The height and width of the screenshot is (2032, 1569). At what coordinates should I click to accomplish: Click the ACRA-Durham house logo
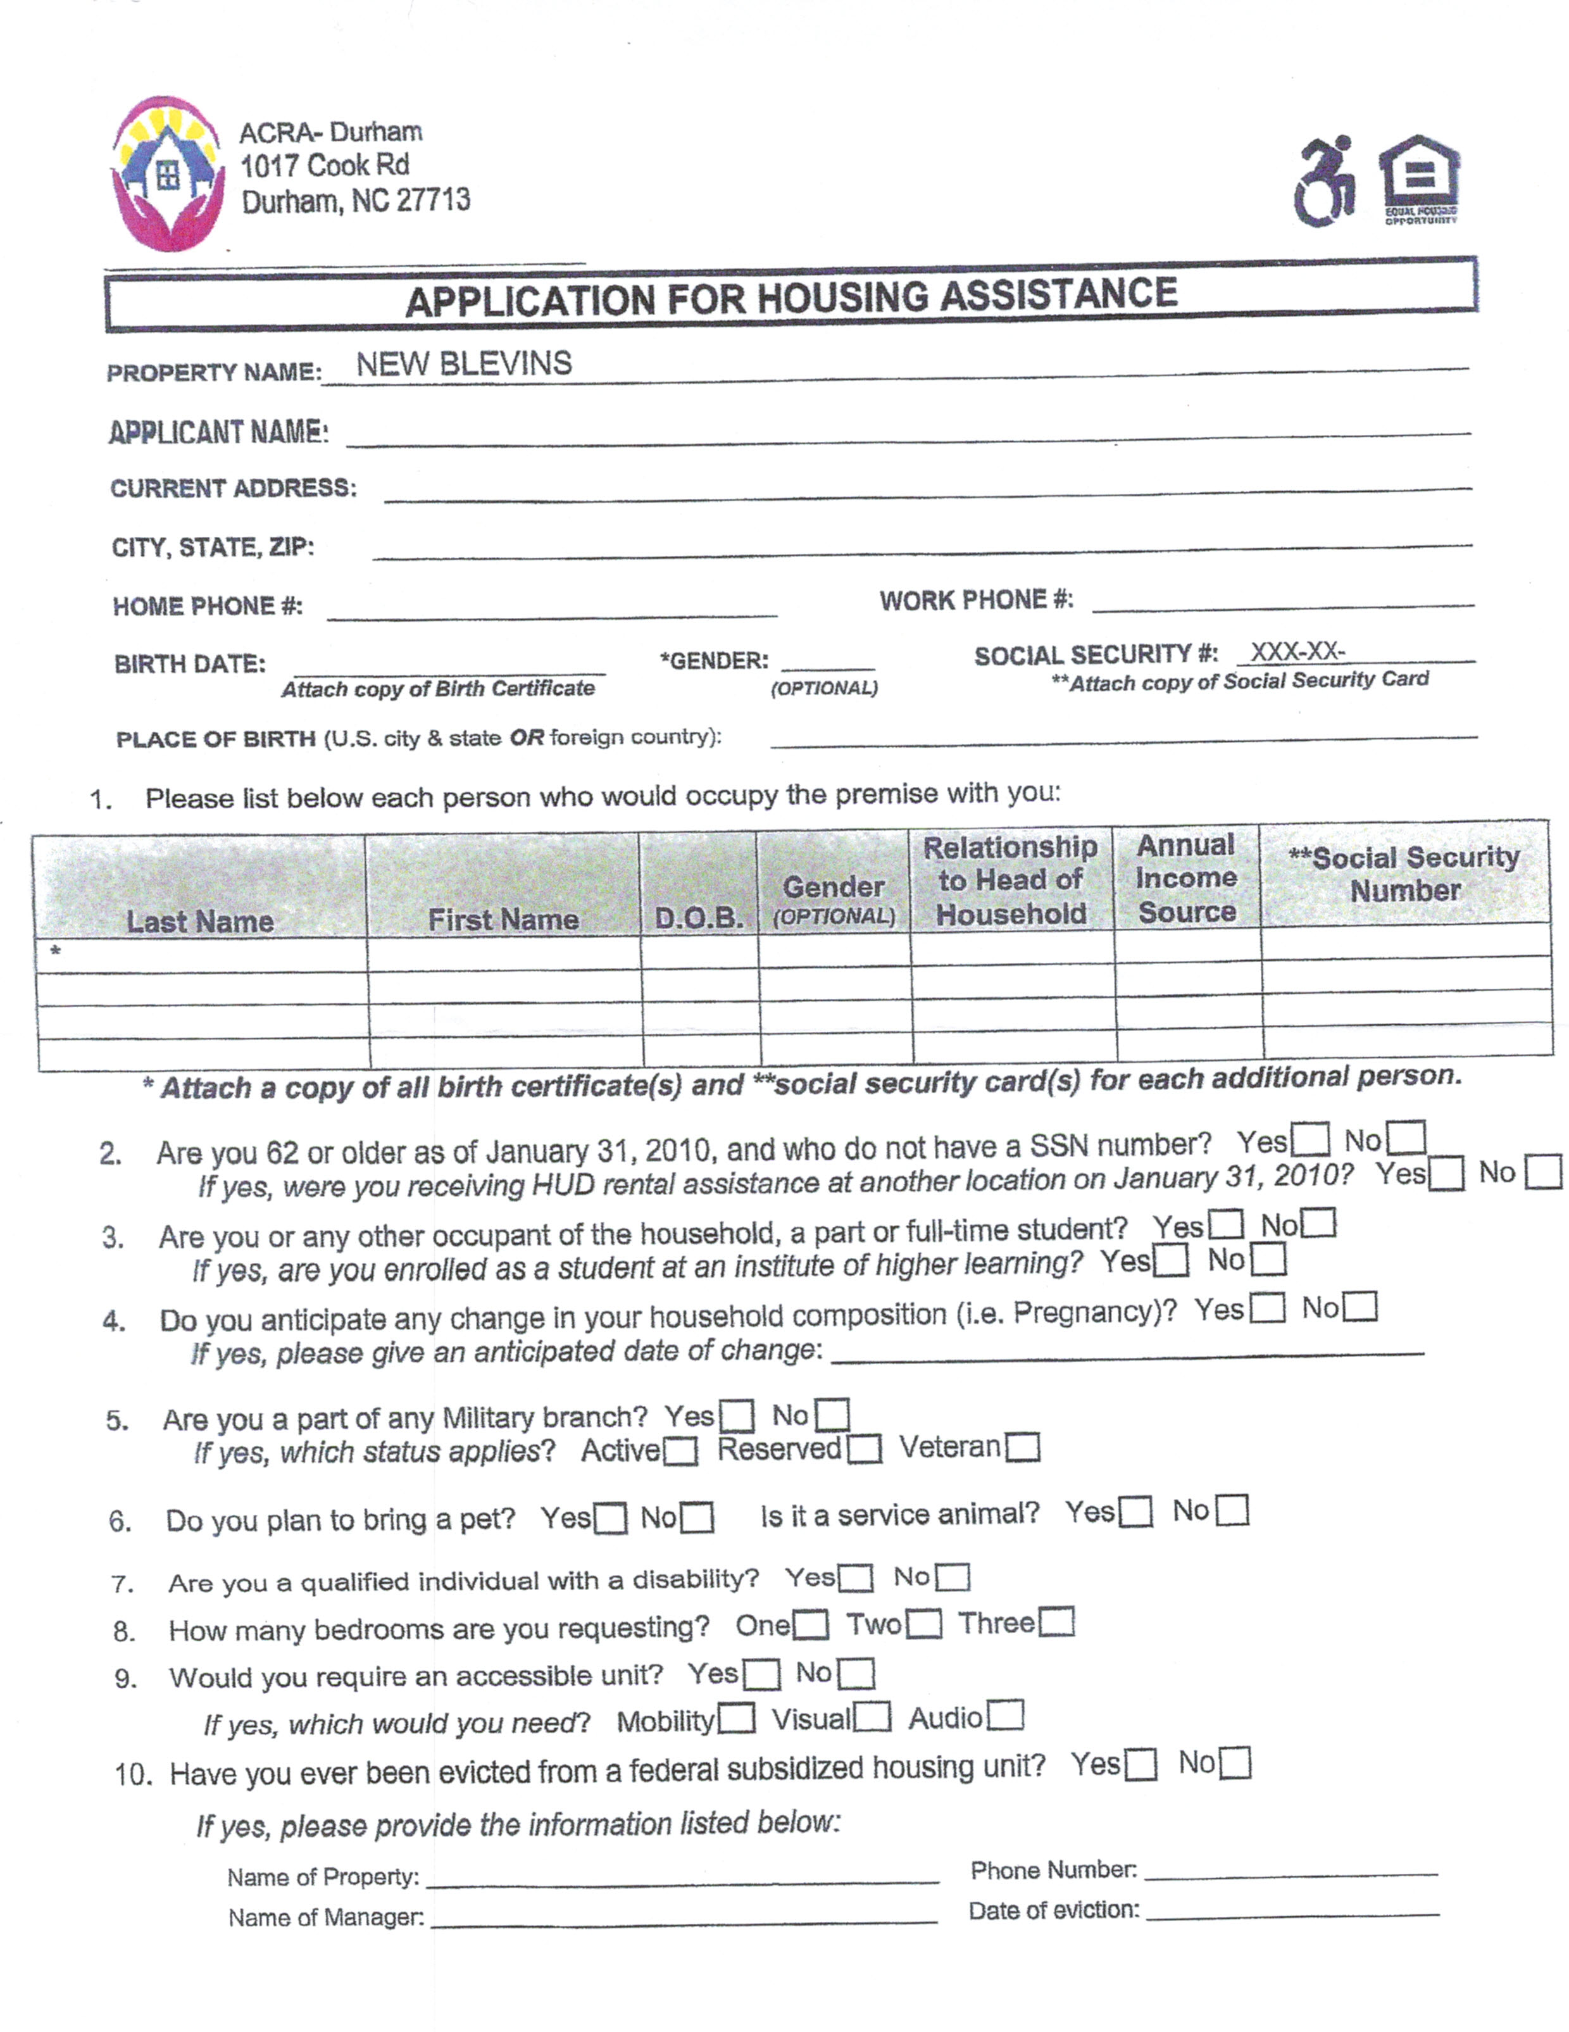coord(168,174)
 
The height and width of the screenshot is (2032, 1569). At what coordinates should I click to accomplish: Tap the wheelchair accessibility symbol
coord(1325,182)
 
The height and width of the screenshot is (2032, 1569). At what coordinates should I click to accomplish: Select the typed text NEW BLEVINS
coord(464,364)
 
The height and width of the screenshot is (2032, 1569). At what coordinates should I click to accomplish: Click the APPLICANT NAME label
coord(218,432)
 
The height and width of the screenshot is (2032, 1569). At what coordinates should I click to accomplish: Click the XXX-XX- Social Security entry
coord(1297,651)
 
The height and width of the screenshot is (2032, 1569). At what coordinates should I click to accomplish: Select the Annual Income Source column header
coord(1187,878)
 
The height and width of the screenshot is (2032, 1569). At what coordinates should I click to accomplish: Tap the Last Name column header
coord(200,921)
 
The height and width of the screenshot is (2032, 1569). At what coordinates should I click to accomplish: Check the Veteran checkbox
coord(1023,1448)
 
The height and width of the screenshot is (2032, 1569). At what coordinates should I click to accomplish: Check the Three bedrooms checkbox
coord(1056,1622)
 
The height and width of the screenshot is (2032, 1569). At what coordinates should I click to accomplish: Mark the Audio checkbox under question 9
coord(1005,1715)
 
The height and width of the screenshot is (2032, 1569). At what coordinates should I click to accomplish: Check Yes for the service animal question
coord(1135,1512)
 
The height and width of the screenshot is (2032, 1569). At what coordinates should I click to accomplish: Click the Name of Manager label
coord(325,1917)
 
